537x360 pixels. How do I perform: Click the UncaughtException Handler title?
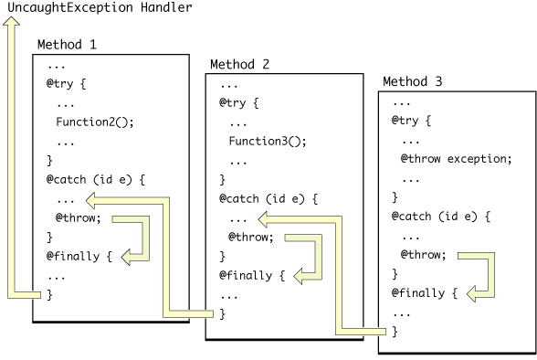(100, 8)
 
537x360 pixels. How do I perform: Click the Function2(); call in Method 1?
(94, 123)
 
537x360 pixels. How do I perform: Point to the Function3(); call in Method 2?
(268, 142)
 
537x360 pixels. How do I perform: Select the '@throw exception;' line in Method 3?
(456, 159)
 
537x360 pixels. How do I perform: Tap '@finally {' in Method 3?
(426, 293)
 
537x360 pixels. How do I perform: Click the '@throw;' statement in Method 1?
(78, 218)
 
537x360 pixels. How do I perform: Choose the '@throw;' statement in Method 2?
(250, 237)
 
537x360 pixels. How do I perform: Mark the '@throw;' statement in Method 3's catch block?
(424, 255)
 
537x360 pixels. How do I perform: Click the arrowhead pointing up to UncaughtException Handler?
(12, 28)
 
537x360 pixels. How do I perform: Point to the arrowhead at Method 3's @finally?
(474, 293)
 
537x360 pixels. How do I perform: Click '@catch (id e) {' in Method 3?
(440, 217)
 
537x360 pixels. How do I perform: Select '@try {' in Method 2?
(240, 102)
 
